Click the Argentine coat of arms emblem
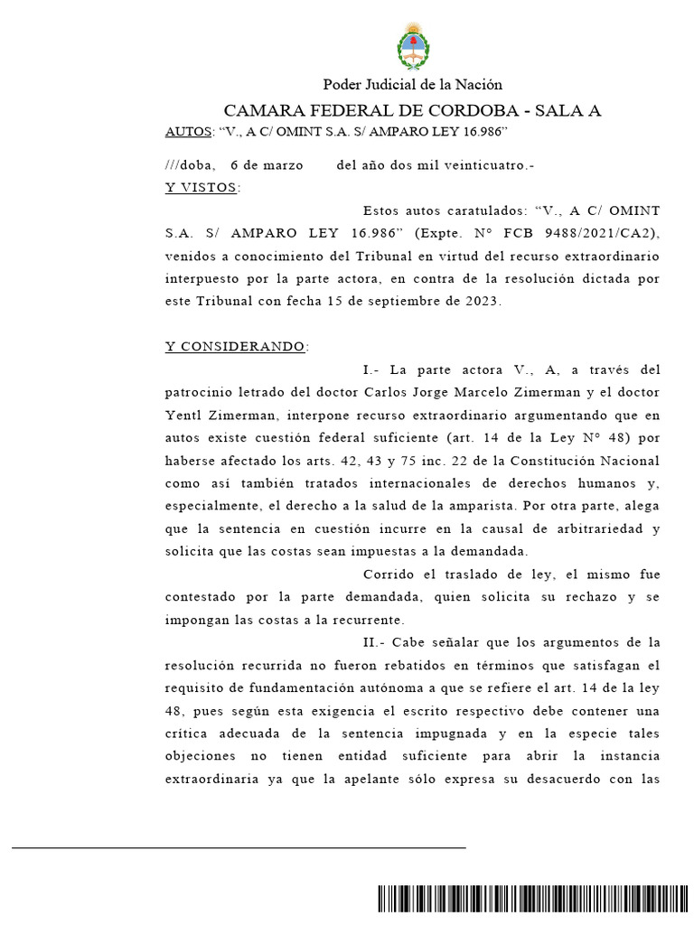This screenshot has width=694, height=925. click(x=414, y=48)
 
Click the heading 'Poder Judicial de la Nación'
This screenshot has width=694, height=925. click(x=412, y=86)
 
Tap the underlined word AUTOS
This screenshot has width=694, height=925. click(x=187, y=133)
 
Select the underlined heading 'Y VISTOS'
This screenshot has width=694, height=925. click(x=201, y=188)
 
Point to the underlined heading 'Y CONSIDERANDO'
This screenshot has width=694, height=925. click(x=235, y=347)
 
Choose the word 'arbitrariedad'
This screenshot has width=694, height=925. click(x=605, y=528)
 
